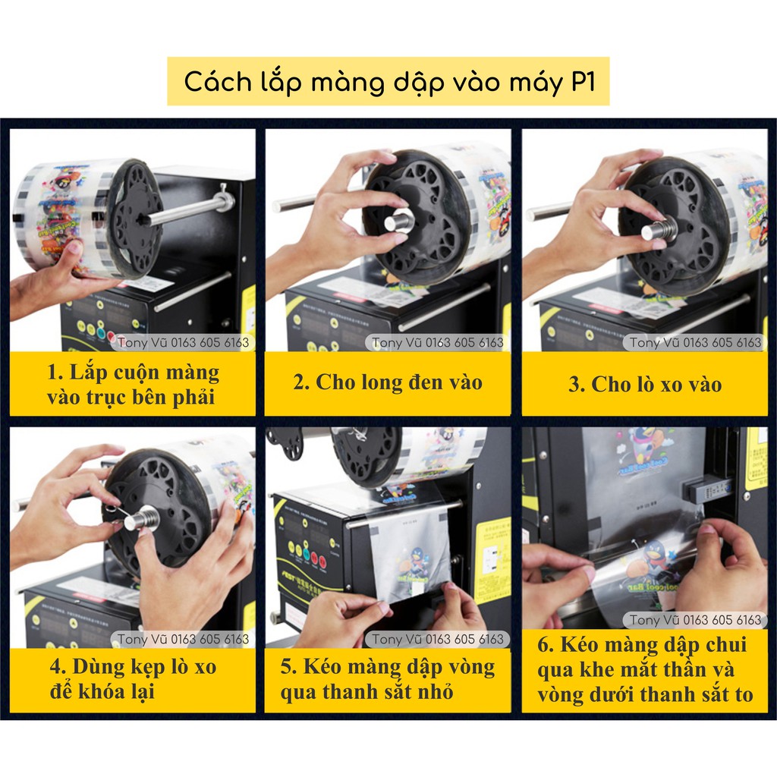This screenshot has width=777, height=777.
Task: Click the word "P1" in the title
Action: [x=582, y=81]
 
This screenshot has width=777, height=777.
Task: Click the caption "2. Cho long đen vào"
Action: [x=388, y=382]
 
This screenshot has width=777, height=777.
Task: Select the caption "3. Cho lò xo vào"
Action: [x=645, y=385]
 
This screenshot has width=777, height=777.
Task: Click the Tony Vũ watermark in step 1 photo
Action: [x=183, y=342]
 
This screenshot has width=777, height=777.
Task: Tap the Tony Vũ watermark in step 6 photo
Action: [x=695, y=620]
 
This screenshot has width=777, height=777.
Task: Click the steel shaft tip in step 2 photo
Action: [x=399, y=219]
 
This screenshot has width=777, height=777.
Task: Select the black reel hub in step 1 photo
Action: [x=134, y=219]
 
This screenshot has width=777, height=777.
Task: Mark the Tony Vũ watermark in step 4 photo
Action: [x=183, y=639]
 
